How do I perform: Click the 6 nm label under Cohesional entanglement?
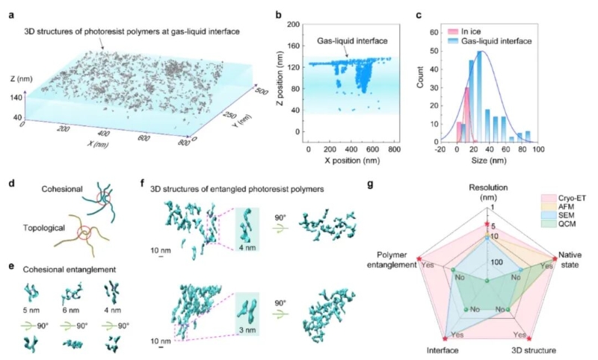click(72, 305)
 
